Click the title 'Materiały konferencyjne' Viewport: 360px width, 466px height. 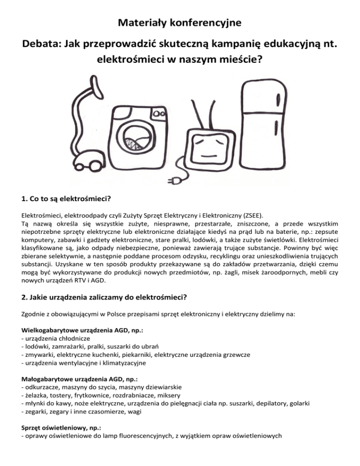[x=180, y=22]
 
